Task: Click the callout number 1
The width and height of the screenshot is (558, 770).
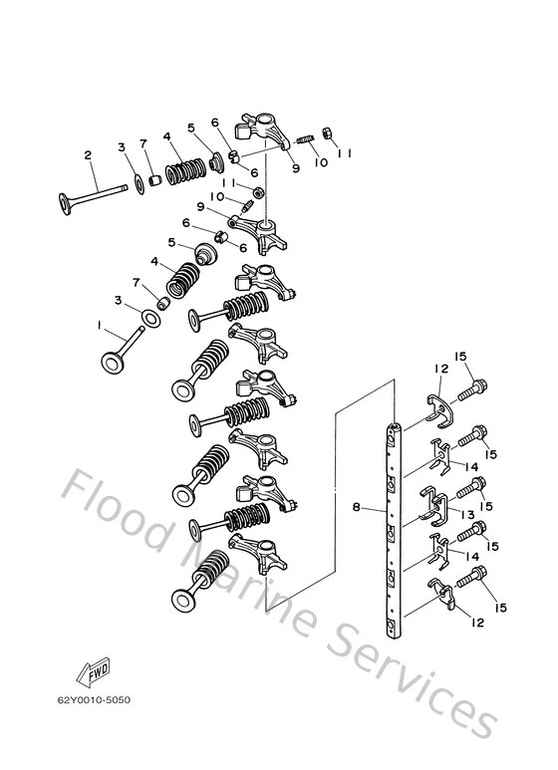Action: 99,325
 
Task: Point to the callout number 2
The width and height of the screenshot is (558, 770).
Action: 88,154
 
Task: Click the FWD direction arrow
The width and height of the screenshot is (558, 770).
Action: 97,674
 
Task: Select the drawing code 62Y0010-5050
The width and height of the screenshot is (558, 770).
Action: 95,699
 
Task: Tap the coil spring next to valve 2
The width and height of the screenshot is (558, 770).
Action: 182,171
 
